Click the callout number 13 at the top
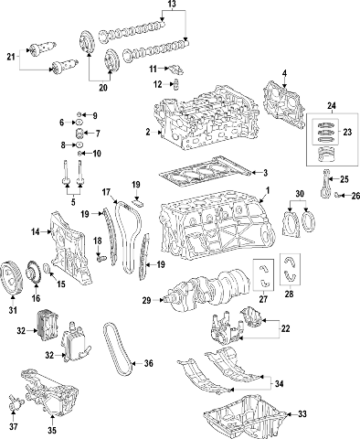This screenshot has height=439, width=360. (x=172, y=4)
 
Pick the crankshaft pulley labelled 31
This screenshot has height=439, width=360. (x=11, y=277)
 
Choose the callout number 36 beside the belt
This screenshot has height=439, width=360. (x=148, y=363)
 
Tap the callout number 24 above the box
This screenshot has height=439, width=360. (x=332, y=106)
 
